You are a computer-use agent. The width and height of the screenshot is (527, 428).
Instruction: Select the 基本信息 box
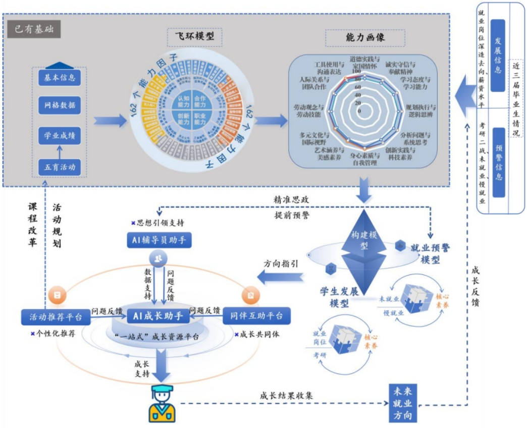point(60,77)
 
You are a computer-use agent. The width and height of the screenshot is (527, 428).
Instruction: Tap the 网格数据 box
point(60,106)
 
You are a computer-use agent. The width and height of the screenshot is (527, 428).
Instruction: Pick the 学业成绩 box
point(60,136)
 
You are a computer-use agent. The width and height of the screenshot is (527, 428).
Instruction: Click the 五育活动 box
point(60,166)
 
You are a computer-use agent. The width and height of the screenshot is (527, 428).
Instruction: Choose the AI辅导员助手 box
point(160,241)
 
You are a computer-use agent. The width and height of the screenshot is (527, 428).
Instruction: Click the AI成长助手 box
point(157,316)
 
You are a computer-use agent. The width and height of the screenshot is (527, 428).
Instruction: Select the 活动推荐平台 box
point(52,317)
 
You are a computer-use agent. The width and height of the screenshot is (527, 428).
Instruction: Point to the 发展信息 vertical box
point(498,56)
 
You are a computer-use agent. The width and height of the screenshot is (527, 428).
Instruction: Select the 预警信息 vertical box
point(498,163)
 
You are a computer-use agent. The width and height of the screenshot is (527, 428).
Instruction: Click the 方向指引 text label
point(281,263)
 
